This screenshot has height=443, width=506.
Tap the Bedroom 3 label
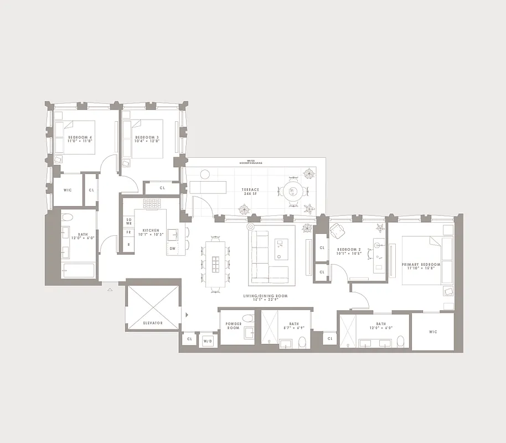(147, 138)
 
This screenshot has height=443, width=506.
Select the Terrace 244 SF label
(250, 192)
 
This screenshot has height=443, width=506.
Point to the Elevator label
(152, 322)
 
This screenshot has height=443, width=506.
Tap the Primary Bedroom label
(421, 267)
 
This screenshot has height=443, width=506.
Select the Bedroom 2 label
(349, 251)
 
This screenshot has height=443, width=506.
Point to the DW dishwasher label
(173, 248)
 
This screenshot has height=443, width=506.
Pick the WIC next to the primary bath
(433, 332)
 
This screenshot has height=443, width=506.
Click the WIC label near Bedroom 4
(68, 190)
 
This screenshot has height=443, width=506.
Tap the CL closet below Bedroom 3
(162, 188)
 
